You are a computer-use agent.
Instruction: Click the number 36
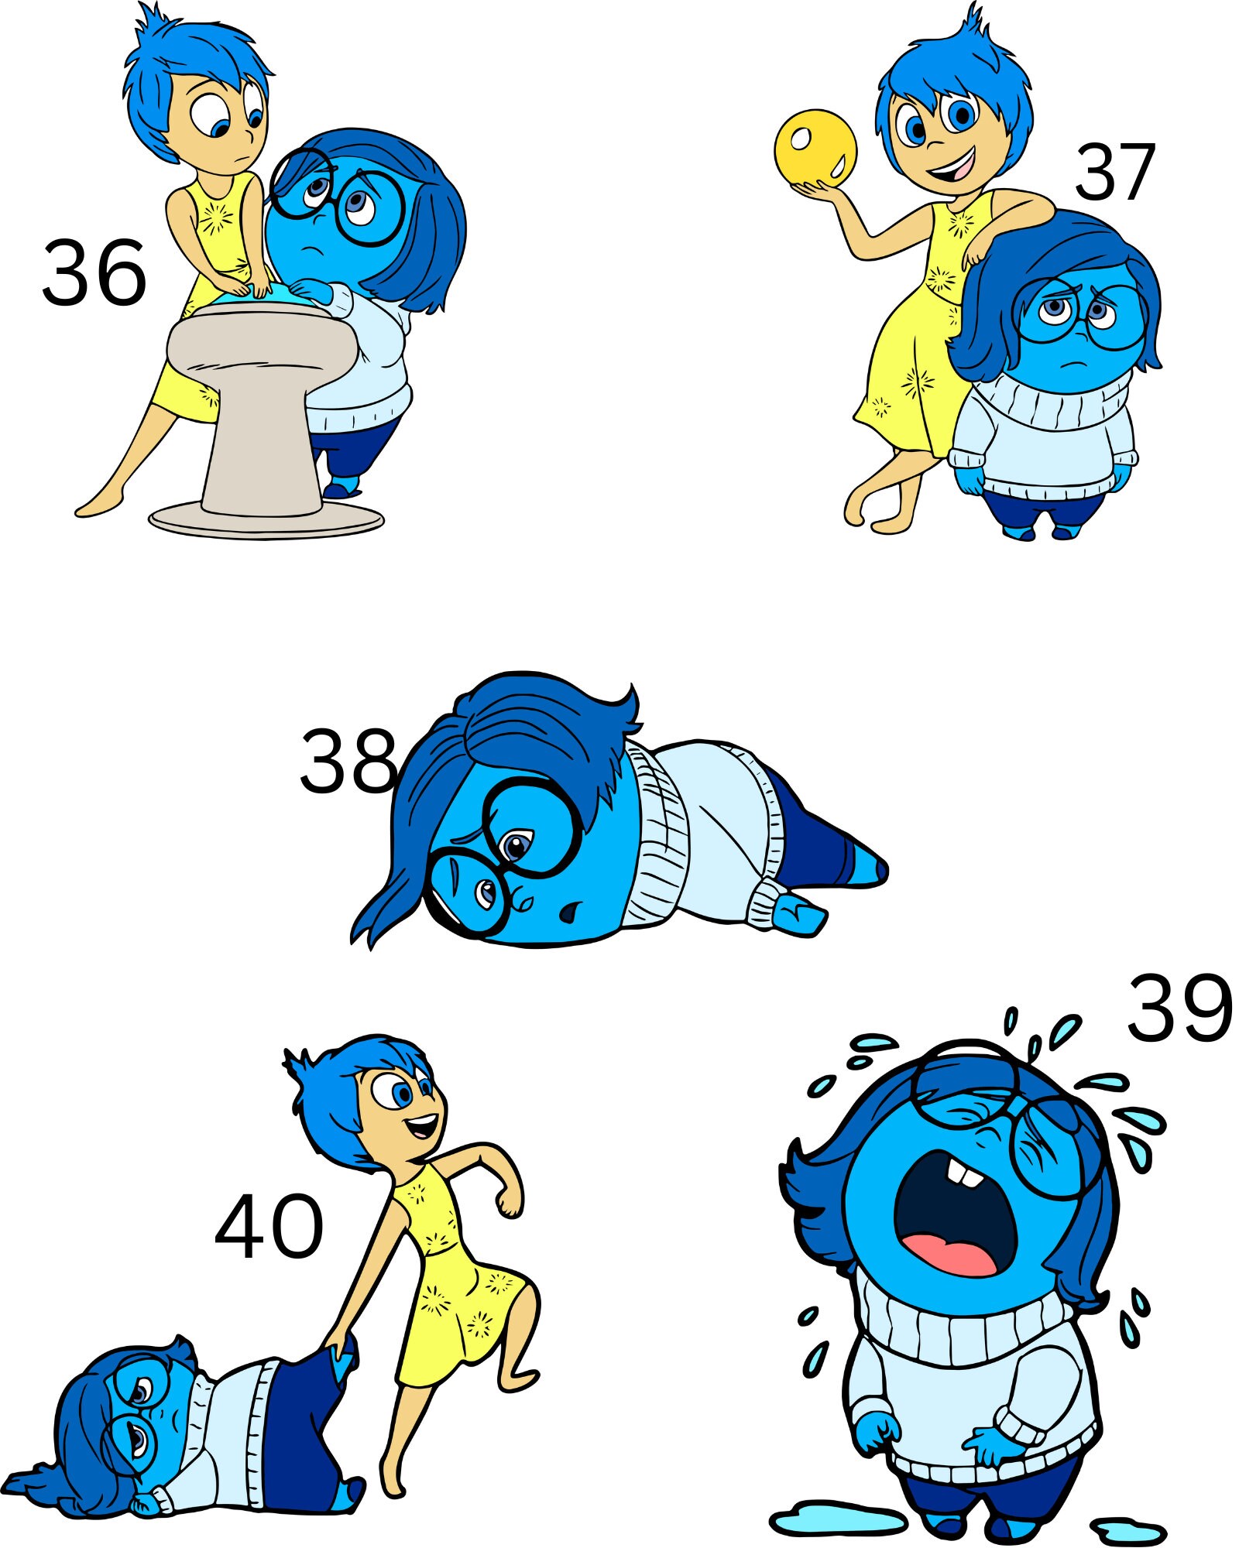point(94,272)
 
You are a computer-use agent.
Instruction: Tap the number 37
point(1115,172)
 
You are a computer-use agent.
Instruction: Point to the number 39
point(1179,1007)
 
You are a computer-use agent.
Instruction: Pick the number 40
point(268,1227)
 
